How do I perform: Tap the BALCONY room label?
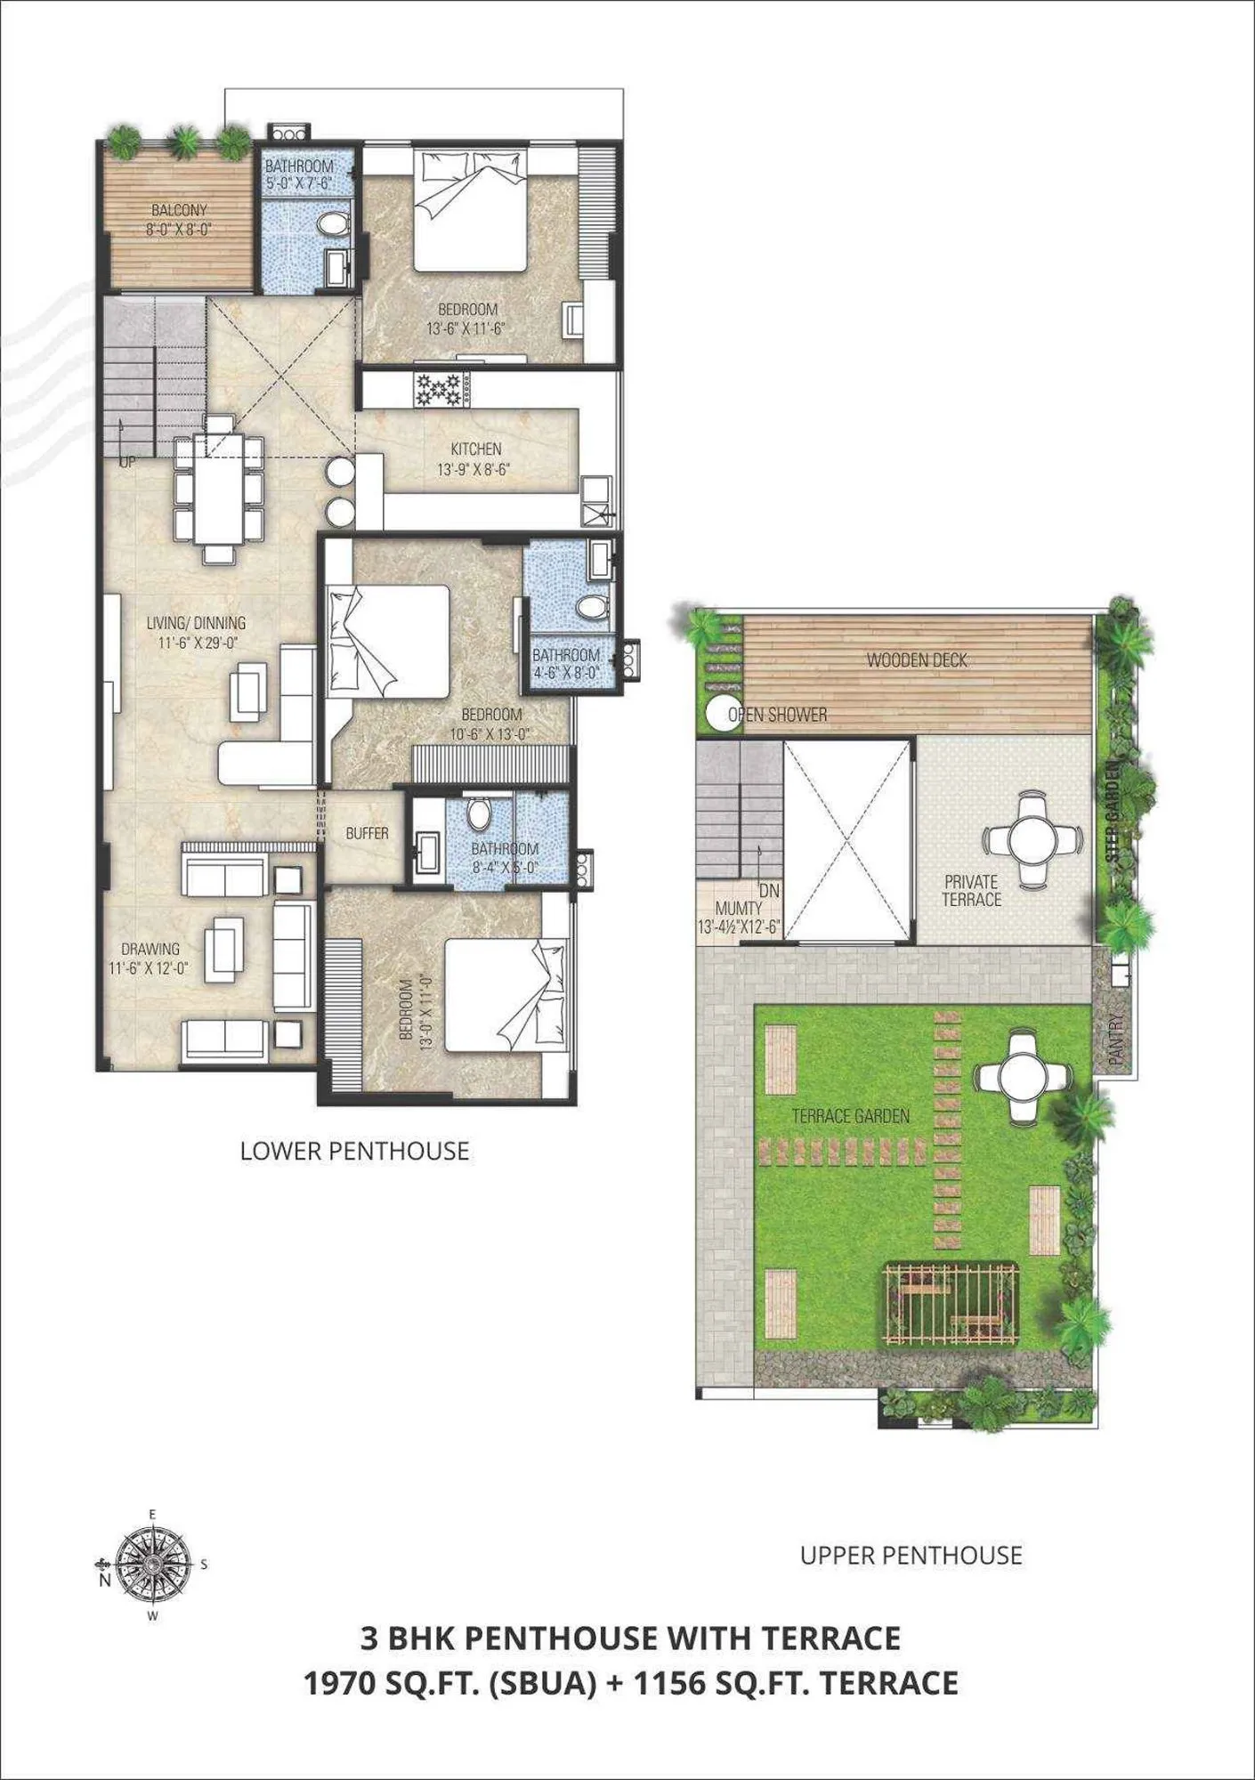point(179,210)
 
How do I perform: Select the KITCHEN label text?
point(475,449)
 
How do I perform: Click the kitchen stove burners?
point(441,389)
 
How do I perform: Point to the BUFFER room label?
point(367,833)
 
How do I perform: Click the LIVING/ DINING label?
point(196,623)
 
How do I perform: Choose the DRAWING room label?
point(150,949)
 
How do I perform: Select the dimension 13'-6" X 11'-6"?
point(466,328)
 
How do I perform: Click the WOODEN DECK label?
point(917,660)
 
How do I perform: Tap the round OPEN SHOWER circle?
point(723,713)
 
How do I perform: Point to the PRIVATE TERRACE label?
point(971,890)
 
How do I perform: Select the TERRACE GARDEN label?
point(850,1116)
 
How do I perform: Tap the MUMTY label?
point(738,908)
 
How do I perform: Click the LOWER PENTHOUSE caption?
point(354,1152)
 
